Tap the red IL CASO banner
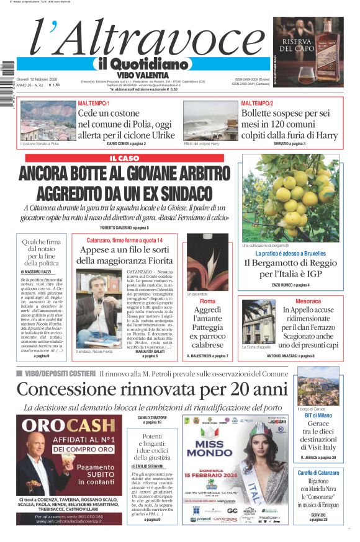tap(129, 158)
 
